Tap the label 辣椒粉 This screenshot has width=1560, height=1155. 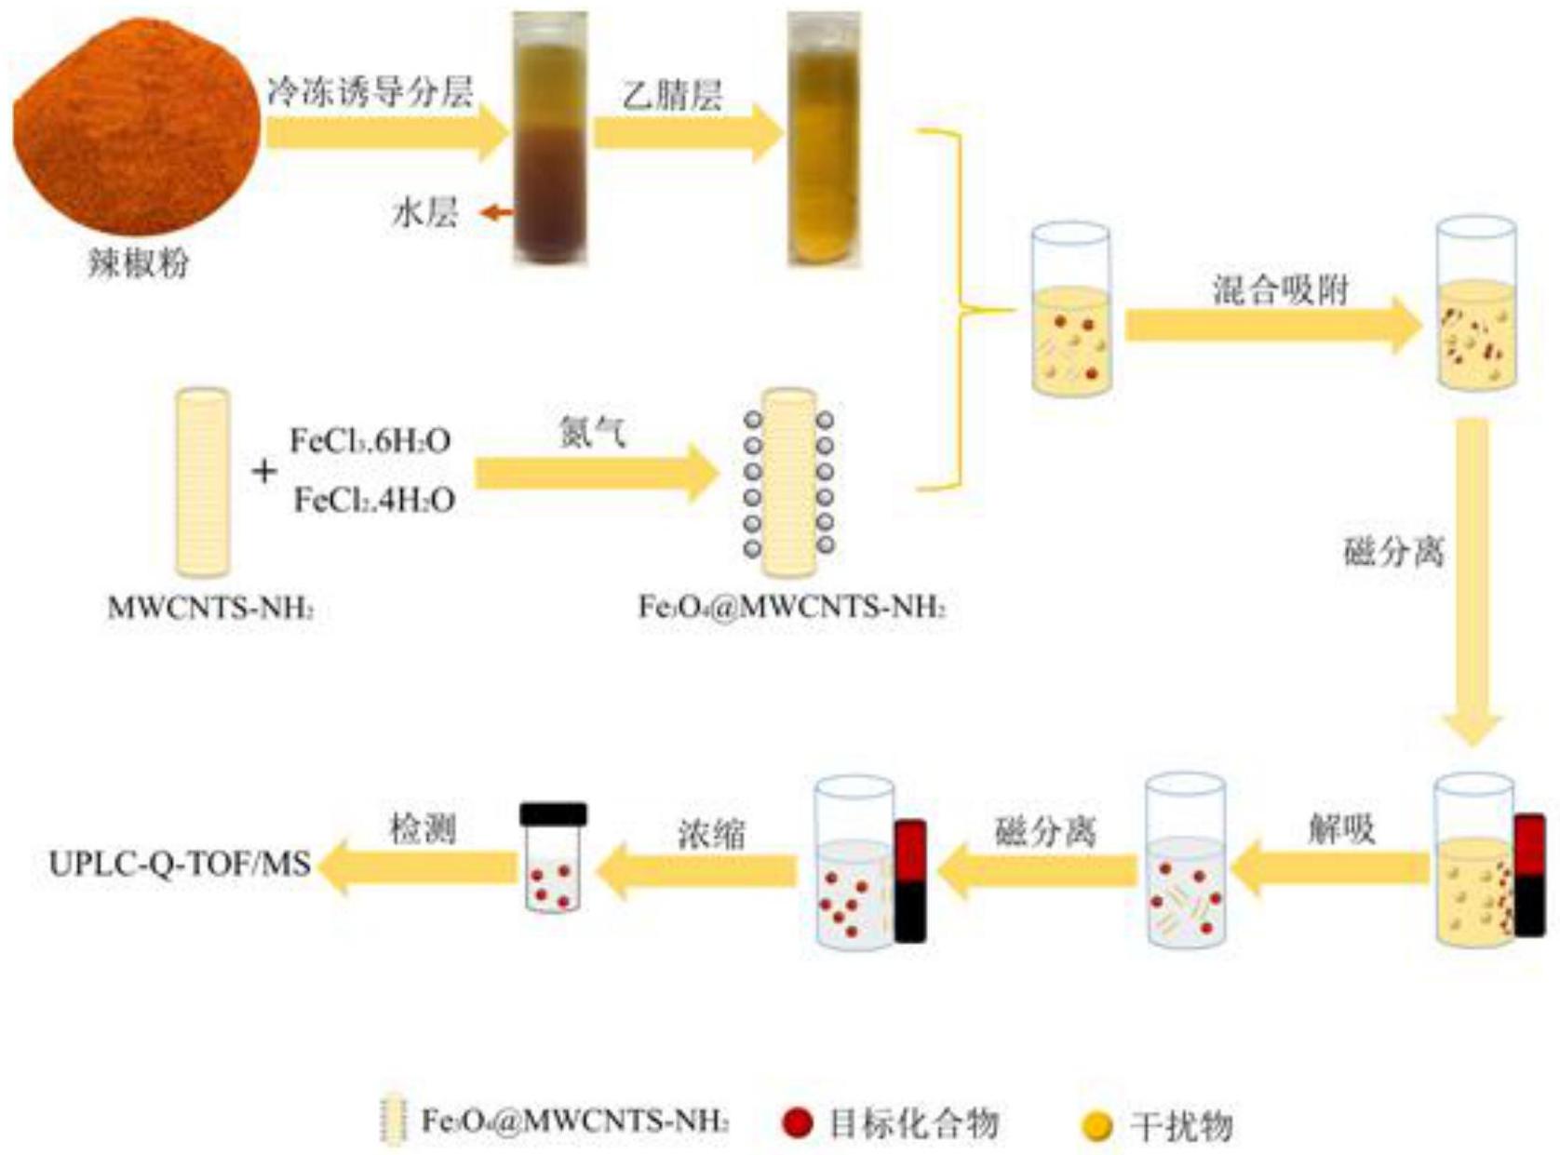coord(139,262)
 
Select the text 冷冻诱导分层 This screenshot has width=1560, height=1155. coord(370,92)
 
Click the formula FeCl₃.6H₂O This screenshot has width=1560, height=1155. coord(370,440)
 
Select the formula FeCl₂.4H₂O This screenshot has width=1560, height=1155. coord(374,501)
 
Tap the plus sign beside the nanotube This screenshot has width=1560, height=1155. coord(264,471)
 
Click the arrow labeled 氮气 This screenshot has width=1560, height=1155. coord(596,473)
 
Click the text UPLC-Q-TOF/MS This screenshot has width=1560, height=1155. coord(180,864)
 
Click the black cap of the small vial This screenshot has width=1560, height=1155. coord(554,814)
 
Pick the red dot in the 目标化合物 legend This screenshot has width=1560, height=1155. coord(797,1122)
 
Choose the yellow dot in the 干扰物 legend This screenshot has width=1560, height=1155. coord(1097,1125)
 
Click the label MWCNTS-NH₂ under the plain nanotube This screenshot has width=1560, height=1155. coord(210,608)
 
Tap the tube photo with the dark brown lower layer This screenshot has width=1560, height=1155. coord(551,140)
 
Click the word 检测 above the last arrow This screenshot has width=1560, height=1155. coord(423,828)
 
